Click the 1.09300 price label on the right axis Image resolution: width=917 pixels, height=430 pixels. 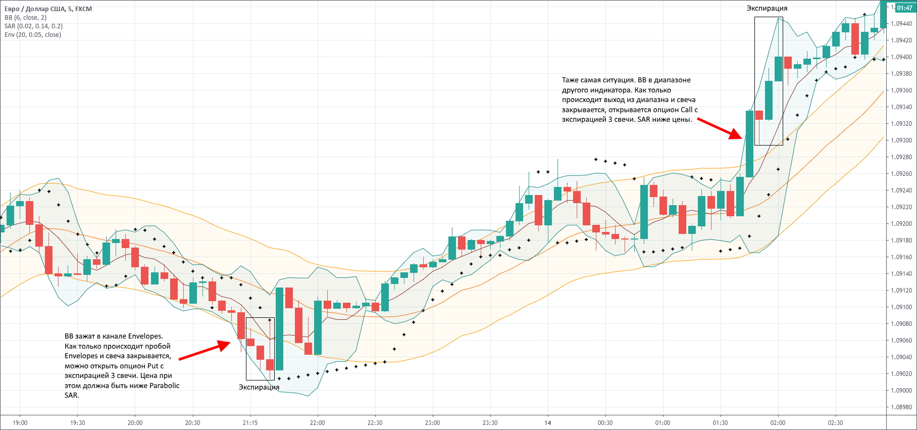tap(901, 140)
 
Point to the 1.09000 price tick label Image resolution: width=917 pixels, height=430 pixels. tap(901, 391)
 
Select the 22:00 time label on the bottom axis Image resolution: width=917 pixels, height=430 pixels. tap(317, 423)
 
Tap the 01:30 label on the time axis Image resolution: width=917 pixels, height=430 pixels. tap(720, 423)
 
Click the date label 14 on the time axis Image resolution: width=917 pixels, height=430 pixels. tap(547, 423)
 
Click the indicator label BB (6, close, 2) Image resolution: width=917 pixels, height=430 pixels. tap(25, 18)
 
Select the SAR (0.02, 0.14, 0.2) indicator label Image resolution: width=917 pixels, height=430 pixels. tap(33, 26)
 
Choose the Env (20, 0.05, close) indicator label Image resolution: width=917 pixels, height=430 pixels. tap(32, 35)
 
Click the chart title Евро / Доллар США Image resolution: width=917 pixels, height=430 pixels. tap(33, 9)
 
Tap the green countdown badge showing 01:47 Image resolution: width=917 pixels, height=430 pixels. tap(904, 8)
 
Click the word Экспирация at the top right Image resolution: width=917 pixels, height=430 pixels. tap(767, 8)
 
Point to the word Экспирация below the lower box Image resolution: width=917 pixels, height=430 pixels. tap(259, 387)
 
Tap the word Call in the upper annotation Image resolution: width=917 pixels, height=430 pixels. tap(686, 110)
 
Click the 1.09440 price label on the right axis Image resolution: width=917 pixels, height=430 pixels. tap(901, 24)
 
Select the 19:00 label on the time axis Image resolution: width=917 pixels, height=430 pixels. tap(20, 423)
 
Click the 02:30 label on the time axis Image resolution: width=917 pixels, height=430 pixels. tap(835, 423)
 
